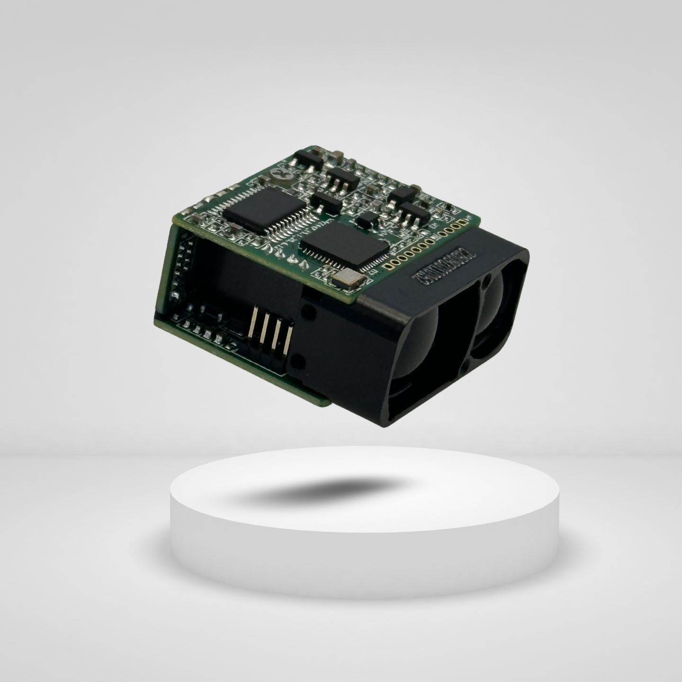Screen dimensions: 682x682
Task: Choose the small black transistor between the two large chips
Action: pyautogui.click(x=327, y=202)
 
